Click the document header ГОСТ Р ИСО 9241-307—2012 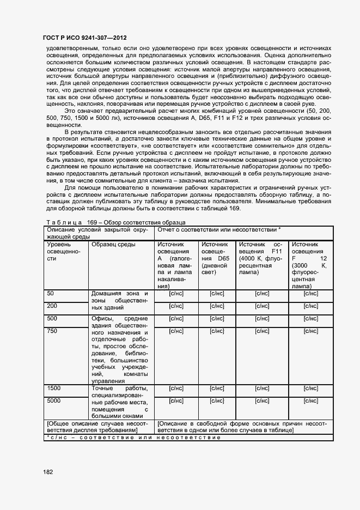tap(84, 38)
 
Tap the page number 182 tap(48, 471)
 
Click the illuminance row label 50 tap(51, 293)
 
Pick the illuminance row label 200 tap(53, 306)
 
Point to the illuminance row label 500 tap(53, 318)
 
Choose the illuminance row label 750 tap(53, 331)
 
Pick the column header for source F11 tap(261, 259)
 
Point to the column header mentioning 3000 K tap(309, 265)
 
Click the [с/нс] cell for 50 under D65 tap(217, 294)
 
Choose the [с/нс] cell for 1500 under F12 tap(310, 388)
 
